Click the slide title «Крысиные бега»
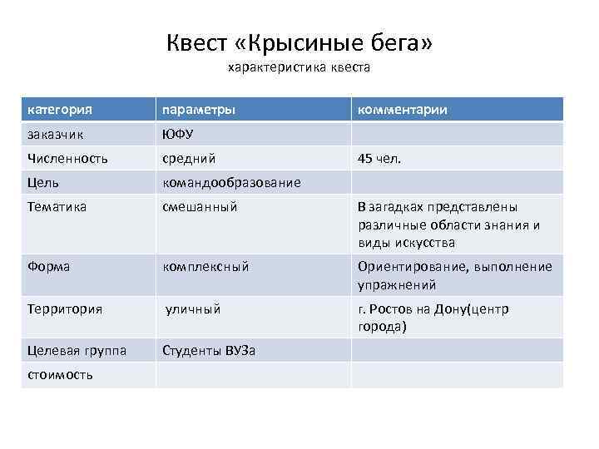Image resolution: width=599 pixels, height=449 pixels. click(x=299, y=42)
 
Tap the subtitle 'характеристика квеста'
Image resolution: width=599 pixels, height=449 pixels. click(x=299, y=67)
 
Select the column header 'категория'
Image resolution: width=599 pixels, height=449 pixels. click(x=59, y=110)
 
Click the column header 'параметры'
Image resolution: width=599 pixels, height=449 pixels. click(x=199, y=110)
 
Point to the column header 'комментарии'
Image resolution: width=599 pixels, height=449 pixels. click(x=403, y=110)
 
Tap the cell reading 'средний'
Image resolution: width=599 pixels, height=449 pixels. click(x=189, y=158)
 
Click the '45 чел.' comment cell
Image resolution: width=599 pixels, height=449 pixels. click(x=379, y=158)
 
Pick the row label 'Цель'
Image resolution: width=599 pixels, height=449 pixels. click(x=42, y=182)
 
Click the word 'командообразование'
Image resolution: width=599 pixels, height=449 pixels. click(x=231, y=182)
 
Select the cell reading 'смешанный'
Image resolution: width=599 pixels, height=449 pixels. click(x=200, y=206)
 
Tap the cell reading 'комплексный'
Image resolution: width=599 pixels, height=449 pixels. click(x=205, y=267)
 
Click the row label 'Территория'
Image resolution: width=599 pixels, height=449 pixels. click(x=65, y=309)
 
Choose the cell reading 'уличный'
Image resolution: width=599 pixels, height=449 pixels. click(x=194, y=309)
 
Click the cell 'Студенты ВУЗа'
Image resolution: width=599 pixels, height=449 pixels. click(x=209, y=351)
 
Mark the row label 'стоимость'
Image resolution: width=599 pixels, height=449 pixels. click(x=60, y=375)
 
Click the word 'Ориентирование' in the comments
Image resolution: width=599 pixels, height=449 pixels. click(x=408, y=267)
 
